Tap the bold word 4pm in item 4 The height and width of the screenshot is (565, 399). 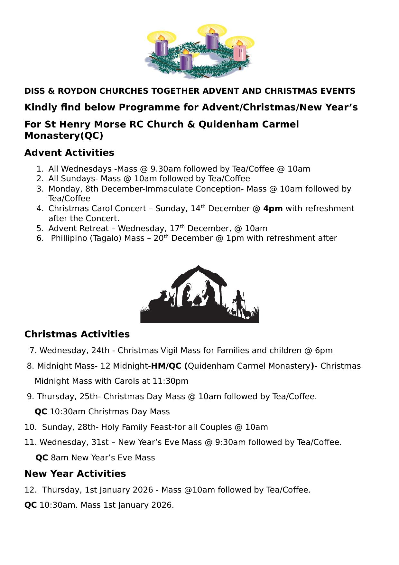click(273, 209)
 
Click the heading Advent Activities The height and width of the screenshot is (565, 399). click(69, 153)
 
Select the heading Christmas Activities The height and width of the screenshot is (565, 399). click(77, 334)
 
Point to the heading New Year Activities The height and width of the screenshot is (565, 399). click(75, 474)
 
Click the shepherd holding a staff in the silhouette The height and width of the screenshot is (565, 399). click(239, 303)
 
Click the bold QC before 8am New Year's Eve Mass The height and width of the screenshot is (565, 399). click(42, 458)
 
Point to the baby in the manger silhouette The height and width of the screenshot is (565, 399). click(197, 301)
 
